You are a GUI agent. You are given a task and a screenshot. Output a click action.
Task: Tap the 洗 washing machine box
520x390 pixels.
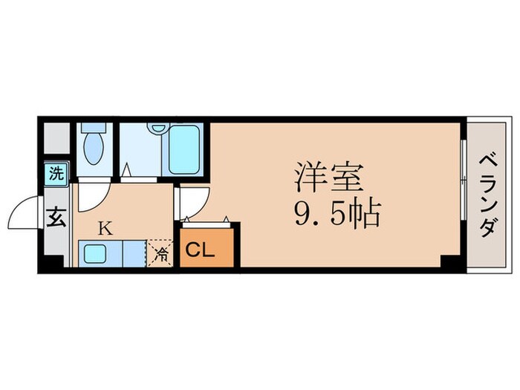(x=56, y=175)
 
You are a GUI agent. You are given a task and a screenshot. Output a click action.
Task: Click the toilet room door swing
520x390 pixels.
(x=94, y=195)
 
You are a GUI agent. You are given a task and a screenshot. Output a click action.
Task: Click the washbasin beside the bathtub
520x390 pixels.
(x=157, y=130)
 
